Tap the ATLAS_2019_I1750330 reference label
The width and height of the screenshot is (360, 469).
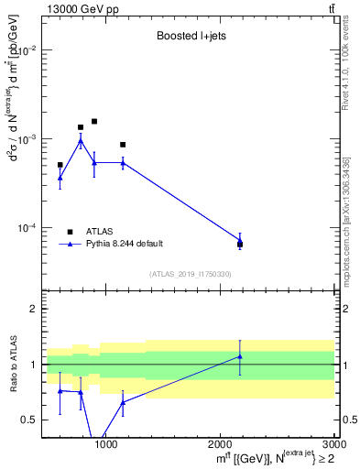189,274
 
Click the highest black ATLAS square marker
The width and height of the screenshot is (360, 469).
94,121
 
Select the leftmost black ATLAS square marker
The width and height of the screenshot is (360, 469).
60,165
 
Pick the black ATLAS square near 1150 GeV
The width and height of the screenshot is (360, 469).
123,145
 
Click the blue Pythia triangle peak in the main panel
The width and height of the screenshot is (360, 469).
81,140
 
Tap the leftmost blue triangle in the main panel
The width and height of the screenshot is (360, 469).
60,178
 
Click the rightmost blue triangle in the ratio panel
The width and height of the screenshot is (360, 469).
240,356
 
